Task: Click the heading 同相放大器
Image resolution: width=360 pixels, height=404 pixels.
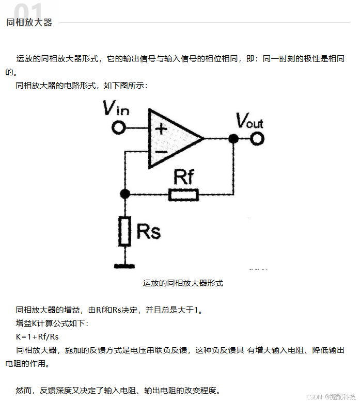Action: coord(29,23)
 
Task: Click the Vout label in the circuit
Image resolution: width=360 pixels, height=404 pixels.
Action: coord(249,121)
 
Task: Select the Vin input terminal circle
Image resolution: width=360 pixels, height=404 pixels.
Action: coord(119,128)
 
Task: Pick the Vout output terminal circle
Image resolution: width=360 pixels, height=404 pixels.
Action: coord(257,138)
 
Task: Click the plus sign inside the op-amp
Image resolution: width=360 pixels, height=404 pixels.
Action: coord(161,128)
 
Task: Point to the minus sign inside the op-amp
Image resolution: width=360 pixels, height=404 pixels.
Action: coord(161,152)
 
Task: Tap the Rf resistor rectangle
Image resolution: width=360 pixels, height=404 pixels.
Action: coord(183,195)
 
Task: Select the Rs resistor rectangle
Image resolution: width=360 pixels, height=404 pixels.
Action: coord(124,232)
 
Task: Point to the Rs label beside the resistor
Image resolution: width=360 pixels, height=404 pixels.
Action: coord(148,231)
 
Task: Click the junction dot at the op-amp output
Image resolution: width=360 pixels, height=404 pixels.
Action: coord(233,138)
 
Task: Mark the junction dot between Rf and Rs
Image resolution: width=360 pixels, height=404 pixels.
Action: coord(124,194)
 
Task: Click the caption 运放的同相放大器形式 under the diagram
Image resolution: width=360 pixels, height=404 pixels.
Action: coord(183,283)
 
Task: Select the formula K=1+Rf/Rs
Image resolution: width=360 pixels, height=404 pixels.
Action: coord(37,337)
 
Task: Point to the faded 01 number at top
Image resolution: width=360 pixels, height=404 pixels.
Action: coord(28,9)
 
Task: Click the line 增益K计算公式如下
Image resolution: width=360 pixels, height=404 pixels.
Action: coord(52,324)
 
